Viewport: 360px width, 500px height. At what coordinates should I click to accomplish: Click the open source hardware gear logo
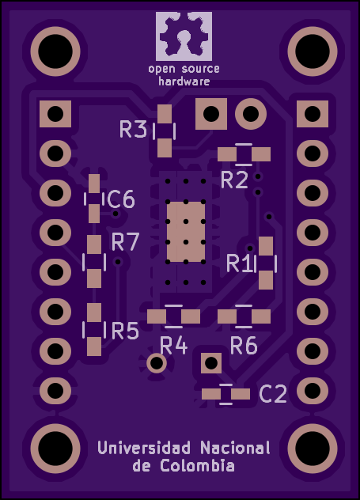click(184, 36)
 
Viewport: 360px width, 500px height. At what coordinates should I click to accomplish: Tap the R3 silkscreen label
click(133, 129)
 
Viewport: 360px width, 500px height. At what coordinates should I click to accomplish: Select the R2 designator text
click(234, 180)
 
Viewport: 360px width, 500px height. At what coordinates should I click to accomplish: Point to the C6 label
click(121, 199)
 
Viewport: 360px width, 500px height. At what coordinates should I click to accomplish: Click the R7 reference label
click(125, 241)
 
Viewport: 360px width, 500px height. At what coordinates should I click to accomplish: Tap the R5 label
click(125, 331)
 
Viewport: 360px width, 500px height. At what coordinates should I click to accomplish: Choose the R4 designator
click(173, 346)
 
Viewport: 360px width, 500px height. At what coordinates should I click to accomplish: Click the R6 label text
click(244, 346)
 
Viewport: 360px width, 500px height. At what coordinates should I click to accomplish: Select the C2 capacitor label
click(273, 393)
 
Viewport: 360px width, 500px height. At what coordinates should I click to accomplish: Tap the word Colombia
click(197, 465)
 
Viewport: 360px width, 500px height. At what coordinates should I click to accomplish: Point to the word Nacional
click(235, 448)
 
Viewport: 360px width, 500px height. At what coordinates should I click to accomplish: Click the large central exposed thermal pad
click(186, 232)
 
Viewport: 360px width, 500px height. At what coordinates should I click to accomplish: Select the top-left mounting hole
click(55, 51)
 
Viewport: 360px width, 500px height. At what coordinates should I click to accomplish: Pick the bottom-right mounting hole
click(313, 449)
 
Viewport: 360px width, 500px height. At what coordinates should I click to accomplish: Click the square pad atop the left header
click(55, 114)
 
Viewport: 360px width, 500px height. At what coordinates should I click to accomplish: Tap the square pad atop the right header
click(313, 114)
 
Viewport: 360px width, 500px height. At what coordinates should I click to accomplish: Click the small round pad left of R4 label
click(157, 363)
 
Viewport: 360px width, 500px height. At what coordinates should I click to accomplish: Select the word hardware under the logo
click(184, 81)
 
